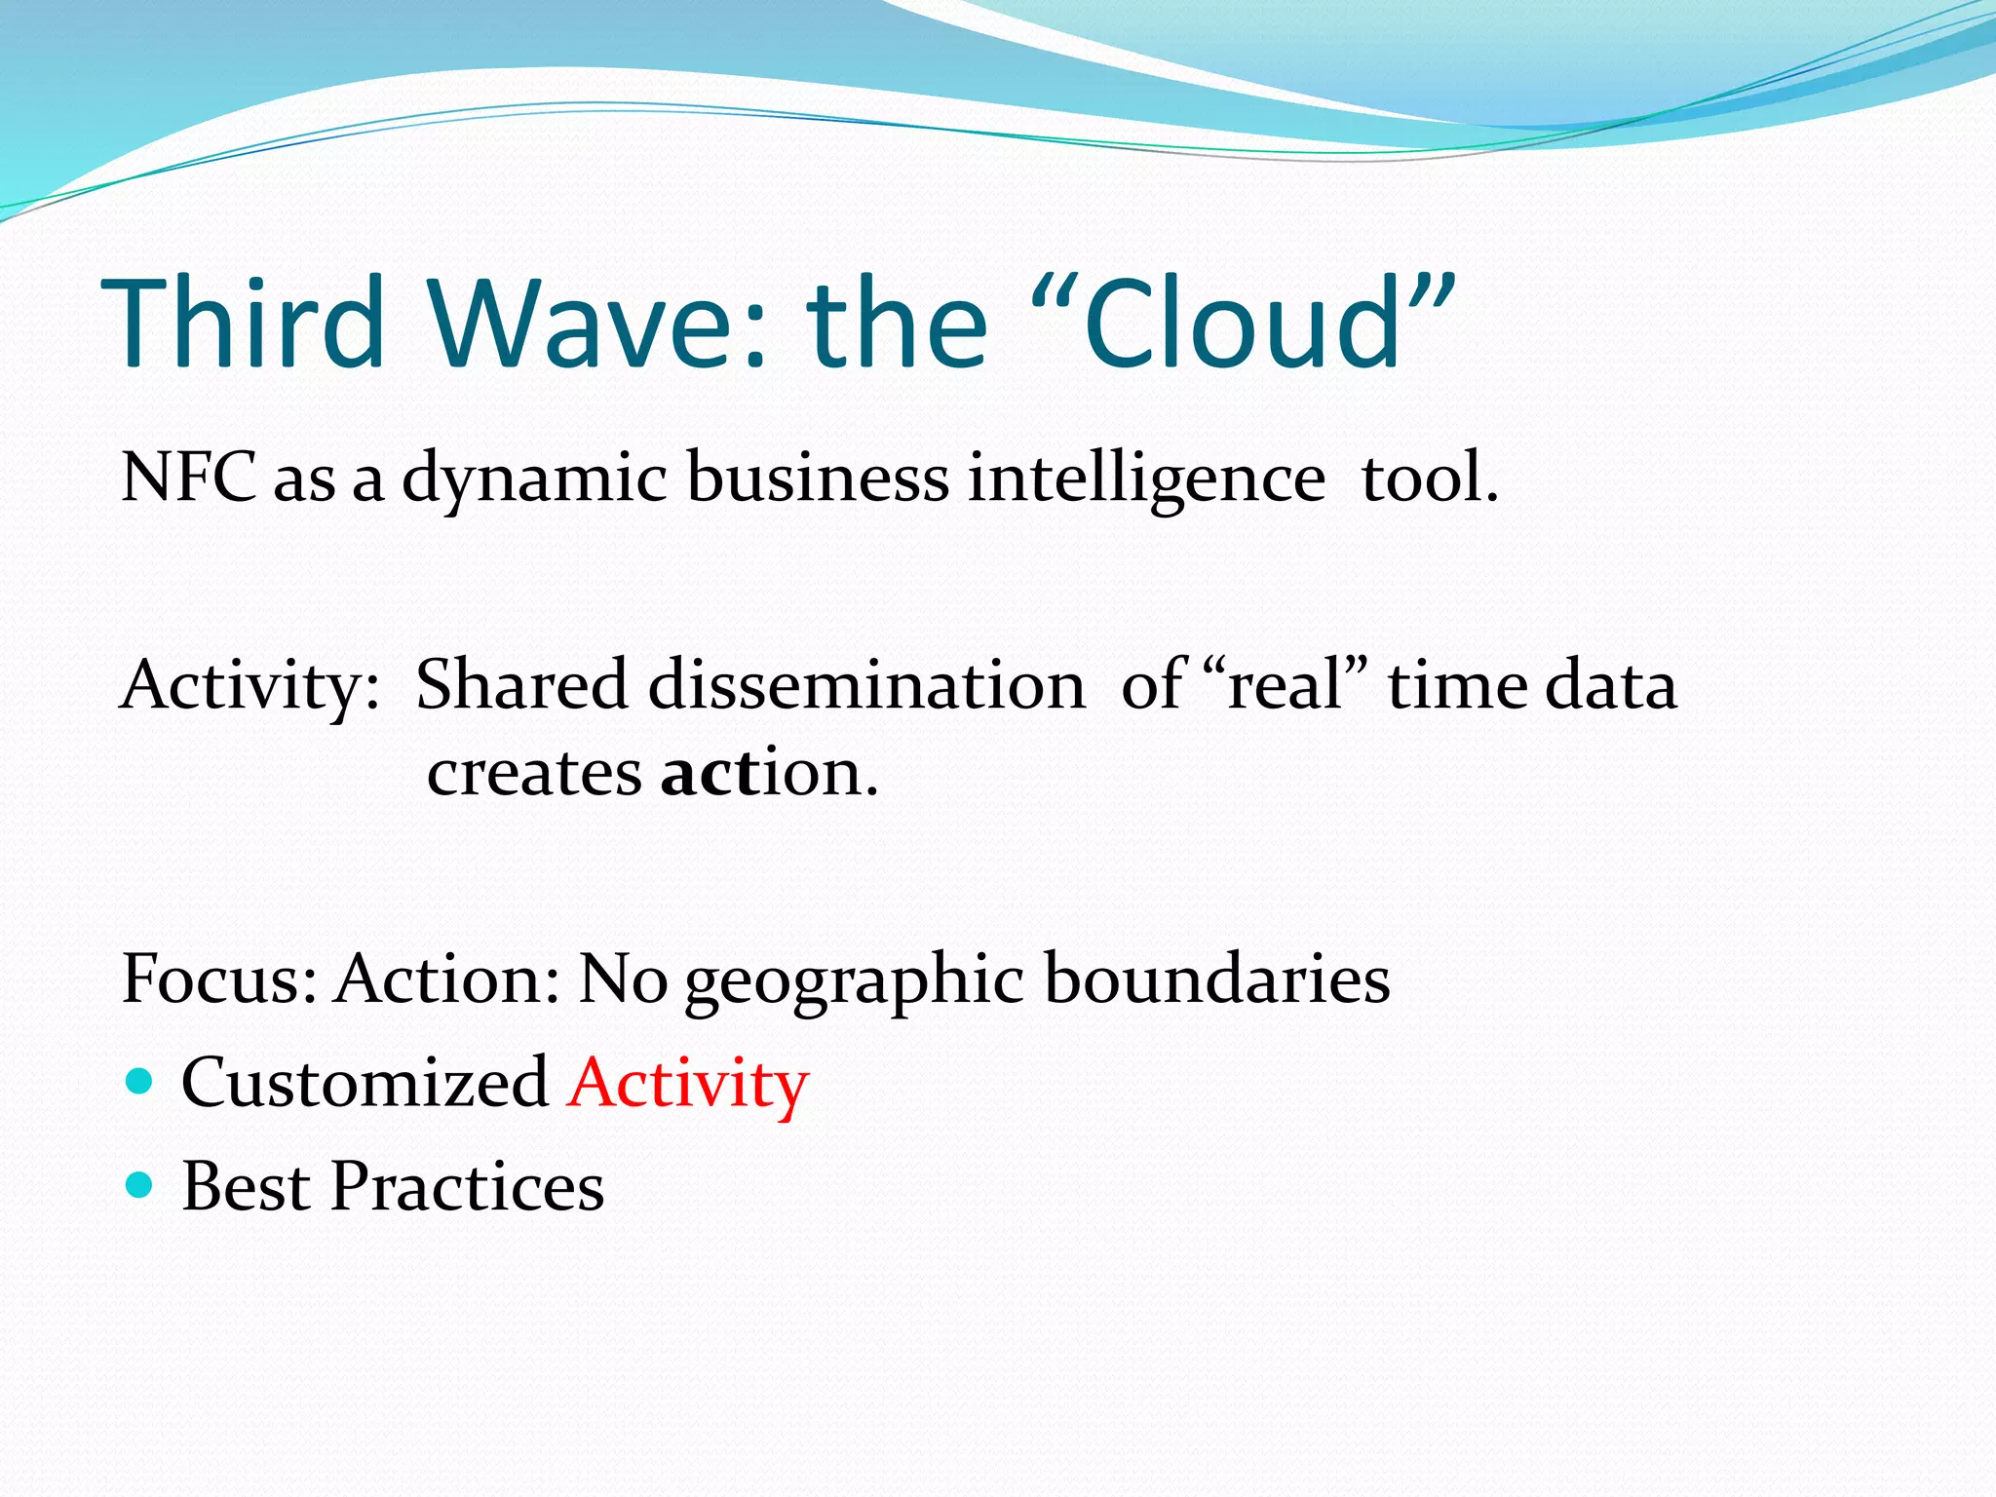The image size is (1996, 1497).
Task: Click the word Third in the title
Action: pos(244,324)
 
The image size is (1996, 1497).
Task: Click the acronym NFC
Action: pos(188,478)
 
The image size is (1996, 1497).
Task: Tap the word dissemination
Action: pos(866,684)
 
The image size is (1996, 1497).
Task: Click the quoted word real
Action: pos(1286,684)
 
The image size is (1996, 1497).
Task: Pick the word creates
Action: pos(534,774)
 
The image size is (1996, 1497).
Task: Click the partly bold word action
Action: pos(769,774)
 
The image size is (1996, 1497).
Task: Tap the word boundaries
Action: pos(1217,979)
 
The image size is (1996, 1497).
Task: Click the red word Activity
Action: pos(688,1084)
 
